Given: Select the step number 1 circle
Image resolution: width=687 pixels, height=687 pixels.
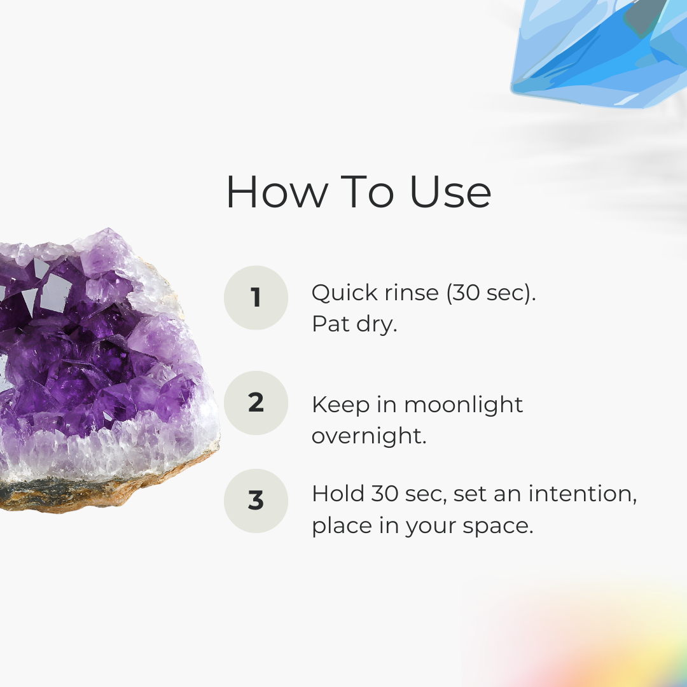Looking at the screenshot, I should click(256, 298).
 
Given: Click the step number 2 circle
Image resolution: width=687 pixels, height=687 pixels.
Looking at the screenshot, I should click(256, 403).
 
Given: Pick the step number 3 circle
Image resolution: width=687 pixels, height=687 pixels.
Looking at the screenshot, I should click(256, 501).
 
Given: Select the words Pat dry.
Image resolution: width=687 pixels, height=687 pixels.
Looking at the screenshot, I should click(354, 324).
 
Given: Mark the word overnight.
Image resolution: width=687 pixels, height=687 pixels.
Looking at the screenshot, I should click(369, 436).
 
